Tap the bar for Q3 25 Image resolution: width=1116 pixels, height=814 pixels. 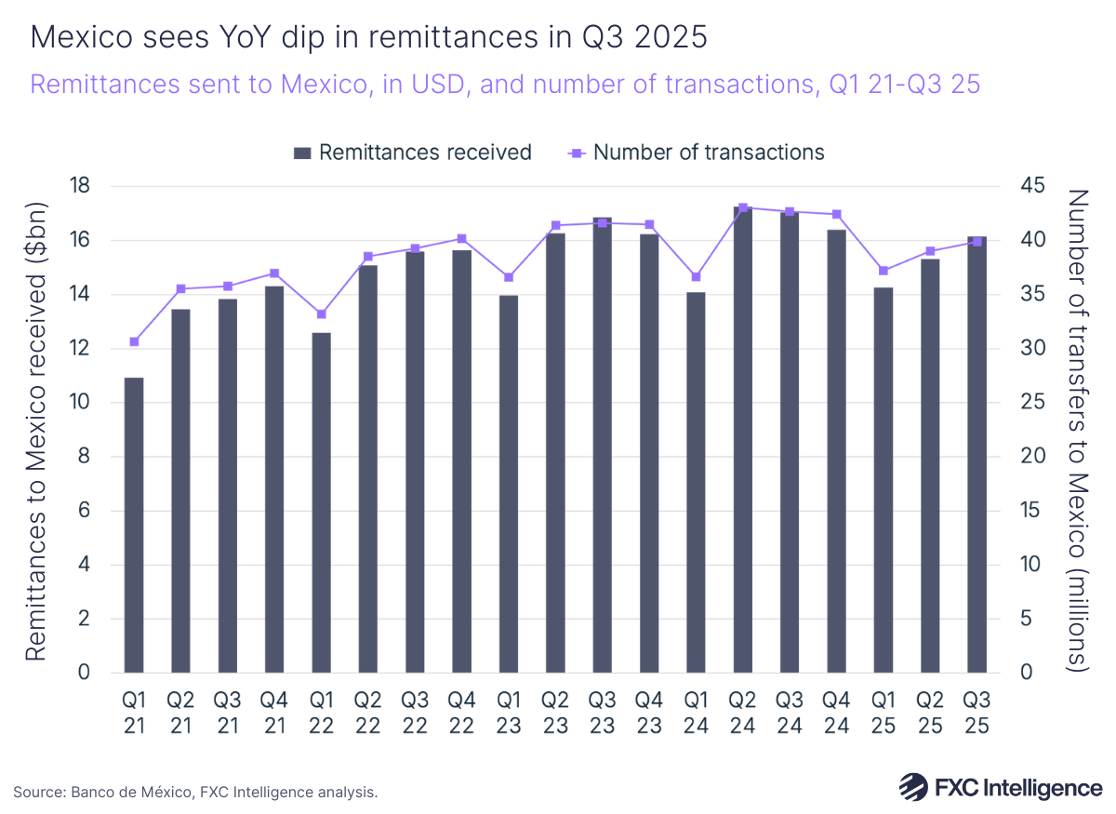[977, 455]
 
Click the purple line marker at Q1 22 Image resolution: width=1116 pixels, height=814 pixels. [321, 314]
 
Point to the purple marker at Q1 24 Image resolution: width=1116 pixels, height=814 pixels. [697, 276]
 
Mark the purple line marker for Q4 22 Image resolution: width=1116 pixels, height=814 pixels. [462, 239]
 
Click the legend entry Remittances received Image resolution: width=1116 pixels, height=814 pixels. [412, 153]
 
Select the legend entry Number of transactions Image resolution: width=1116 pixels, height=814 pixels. [696, 153]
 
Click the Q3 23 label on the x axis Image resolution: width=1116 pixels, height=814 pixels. [603, 712]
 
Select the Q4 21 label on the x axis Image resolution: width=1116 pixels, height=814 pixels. [274, 712]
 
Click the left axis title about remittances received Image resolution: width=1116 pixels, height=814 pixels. [35, 429]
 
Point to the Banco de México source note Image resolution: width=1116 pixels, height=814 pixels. [195, 792]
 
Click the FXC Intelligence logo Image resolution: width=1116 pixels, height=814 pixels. [1001, 787]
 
